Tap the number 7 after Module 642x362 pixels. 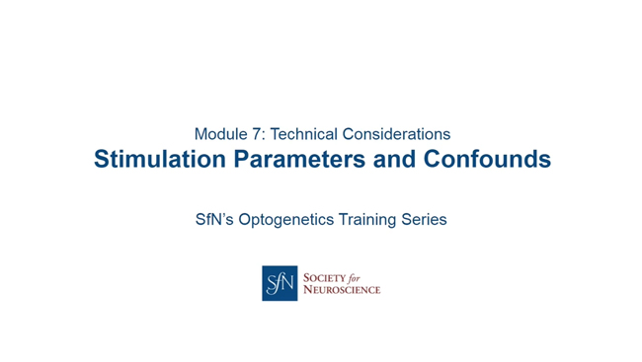tap(255, 133)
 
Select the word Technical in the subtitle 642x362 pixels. tap(304, 133)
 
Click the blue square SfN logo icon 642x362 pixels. tap(280, 283)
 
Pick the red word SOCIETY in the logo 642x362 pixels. tap(326, 276)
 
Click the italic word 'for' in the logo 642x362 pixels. tap(361, 276)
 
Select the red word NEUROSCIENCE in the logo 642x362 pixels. tap(342, 290)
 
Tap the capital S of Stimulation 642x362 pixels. tap(102, 159)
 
